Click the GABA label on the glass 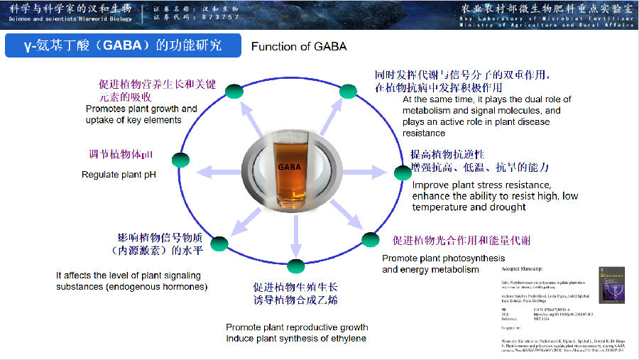[290, 167]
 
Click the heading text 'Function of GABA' [299, 47]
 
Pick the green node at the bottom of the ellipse [296, 266]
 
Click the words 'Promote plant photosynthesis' [444, 258]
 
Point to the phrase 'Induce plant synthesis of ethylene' [296, 338]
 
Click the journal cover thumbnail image [611, 292]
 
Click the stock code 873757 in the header [219, 16]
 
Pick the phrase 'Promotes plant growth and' [141, 109]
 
